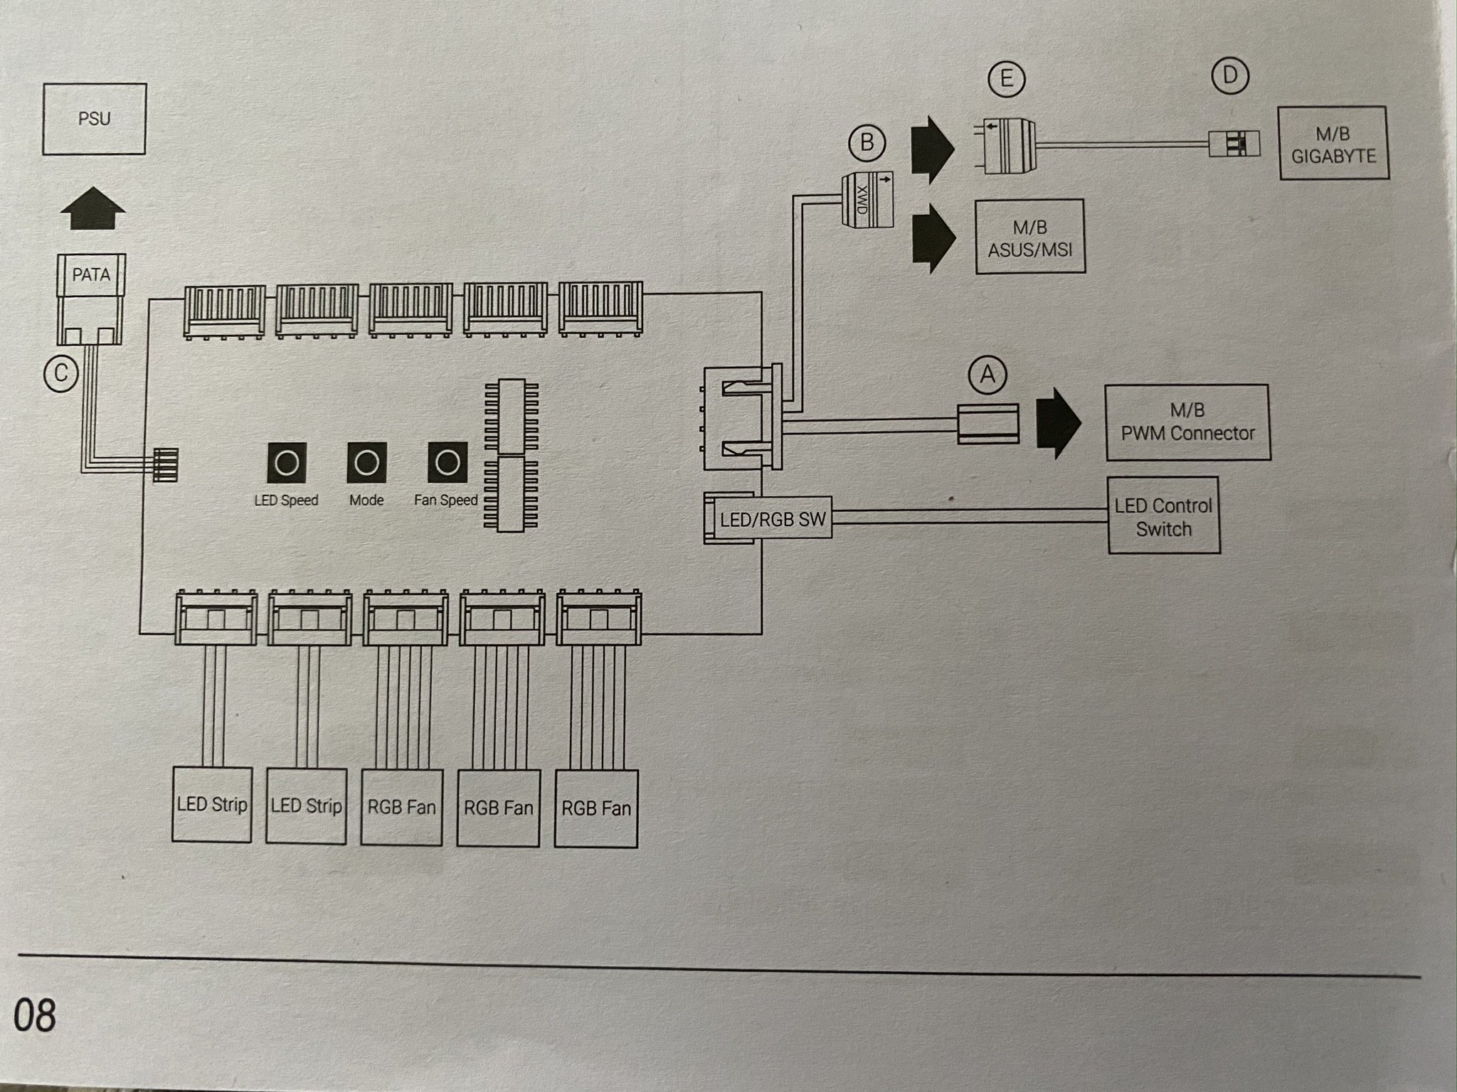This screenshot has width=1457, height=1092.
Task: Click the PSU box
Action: point(94,119)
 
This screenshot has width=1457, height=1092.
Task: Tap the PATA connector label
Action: point(91,274)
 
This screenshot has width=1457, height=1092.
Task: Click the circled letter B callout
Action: point(867,143)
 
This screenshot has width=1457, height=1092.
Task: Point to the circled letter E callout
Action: point(1006,78)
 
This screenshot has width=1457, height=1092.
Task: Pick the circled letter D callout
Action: point(1231,76)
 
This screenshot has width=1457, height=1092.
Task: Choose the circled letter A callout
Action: point(987,373)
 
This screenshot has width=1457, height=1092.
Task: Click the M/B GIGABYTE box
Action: point(1333,143)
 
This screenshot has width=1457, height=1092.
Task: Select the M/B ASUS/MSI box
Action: point(1030,237)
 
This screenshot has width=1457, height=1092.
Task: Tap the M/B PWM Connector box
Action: point(1187,422)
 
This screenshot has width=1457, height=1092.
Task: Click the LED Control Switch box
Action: point(1163,516)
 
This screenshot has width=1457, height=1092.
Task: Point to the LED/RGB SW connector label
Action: point(772,520)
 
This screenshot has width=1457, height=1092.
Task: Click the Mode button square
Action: point(366,463)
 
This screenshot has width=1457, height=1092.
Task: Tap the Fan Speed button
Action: point(447,463)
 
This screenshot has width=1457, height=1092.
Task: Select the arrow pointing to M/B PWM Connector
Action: point(1058,422)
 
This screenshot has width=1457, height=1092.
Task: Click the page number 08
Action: point(34,1015)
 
